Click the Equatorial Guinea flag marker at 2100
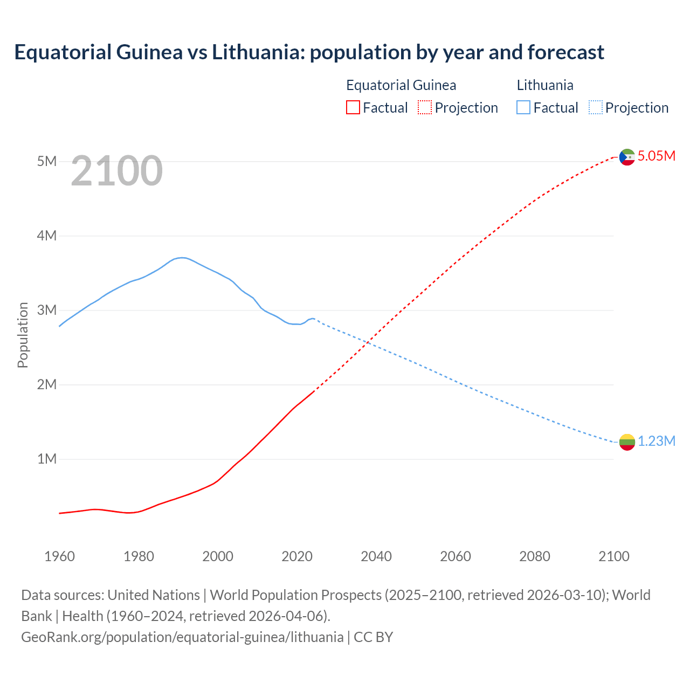coord(627,157)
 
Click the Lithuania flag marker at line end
coord(627,442)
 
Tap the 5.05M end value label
coord(657,156)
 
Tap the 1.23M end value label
coord(657,441)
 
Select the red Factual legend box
coord(353,108)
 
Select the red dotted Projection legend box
coord(425,108)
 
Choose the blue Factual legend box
coord(523,108)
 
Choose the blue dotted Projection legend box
coord(596,108)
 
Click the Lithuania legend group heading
coord(545,85)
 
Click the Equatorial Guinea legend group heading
coord(401,85)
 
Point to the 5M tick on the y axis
coord(47,161)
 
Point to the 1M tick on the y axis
coord(47,459)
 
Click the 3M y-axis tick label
coord(47,310)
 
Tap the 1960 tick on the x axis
coord(59,556)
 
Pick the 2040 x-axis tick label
coord(376,556)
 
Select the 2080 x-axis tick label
coord(535,556)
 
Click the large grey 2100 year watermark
coord(116,171)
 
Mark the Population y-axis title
coord(23,335)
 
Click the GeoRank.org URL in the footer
coord(182,637)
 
